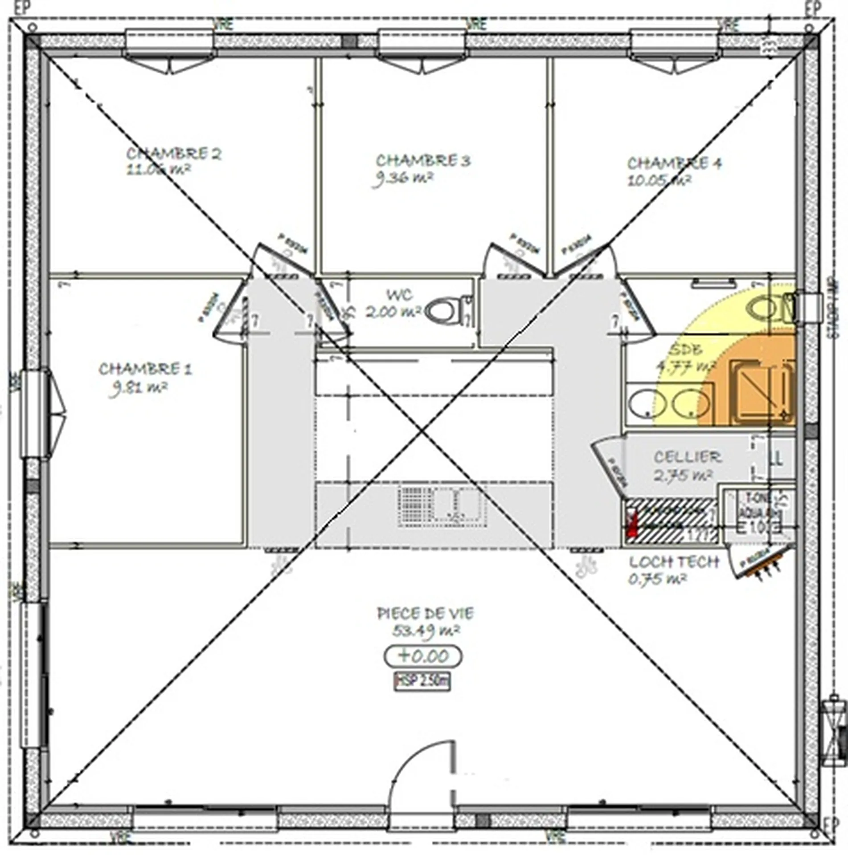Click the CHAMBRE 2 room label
(174, 154)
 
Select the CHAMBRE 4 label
(674, 163)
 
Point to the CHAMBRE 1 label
(145, 369)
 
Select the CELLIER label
(687, 457)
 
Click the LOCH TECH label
(674, 562)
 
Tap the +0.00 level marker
(423, 656)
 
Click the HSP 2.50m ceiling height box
(422, 681)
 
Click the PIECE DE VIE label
(425, 614)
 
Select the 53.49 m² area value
(426, 631)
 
